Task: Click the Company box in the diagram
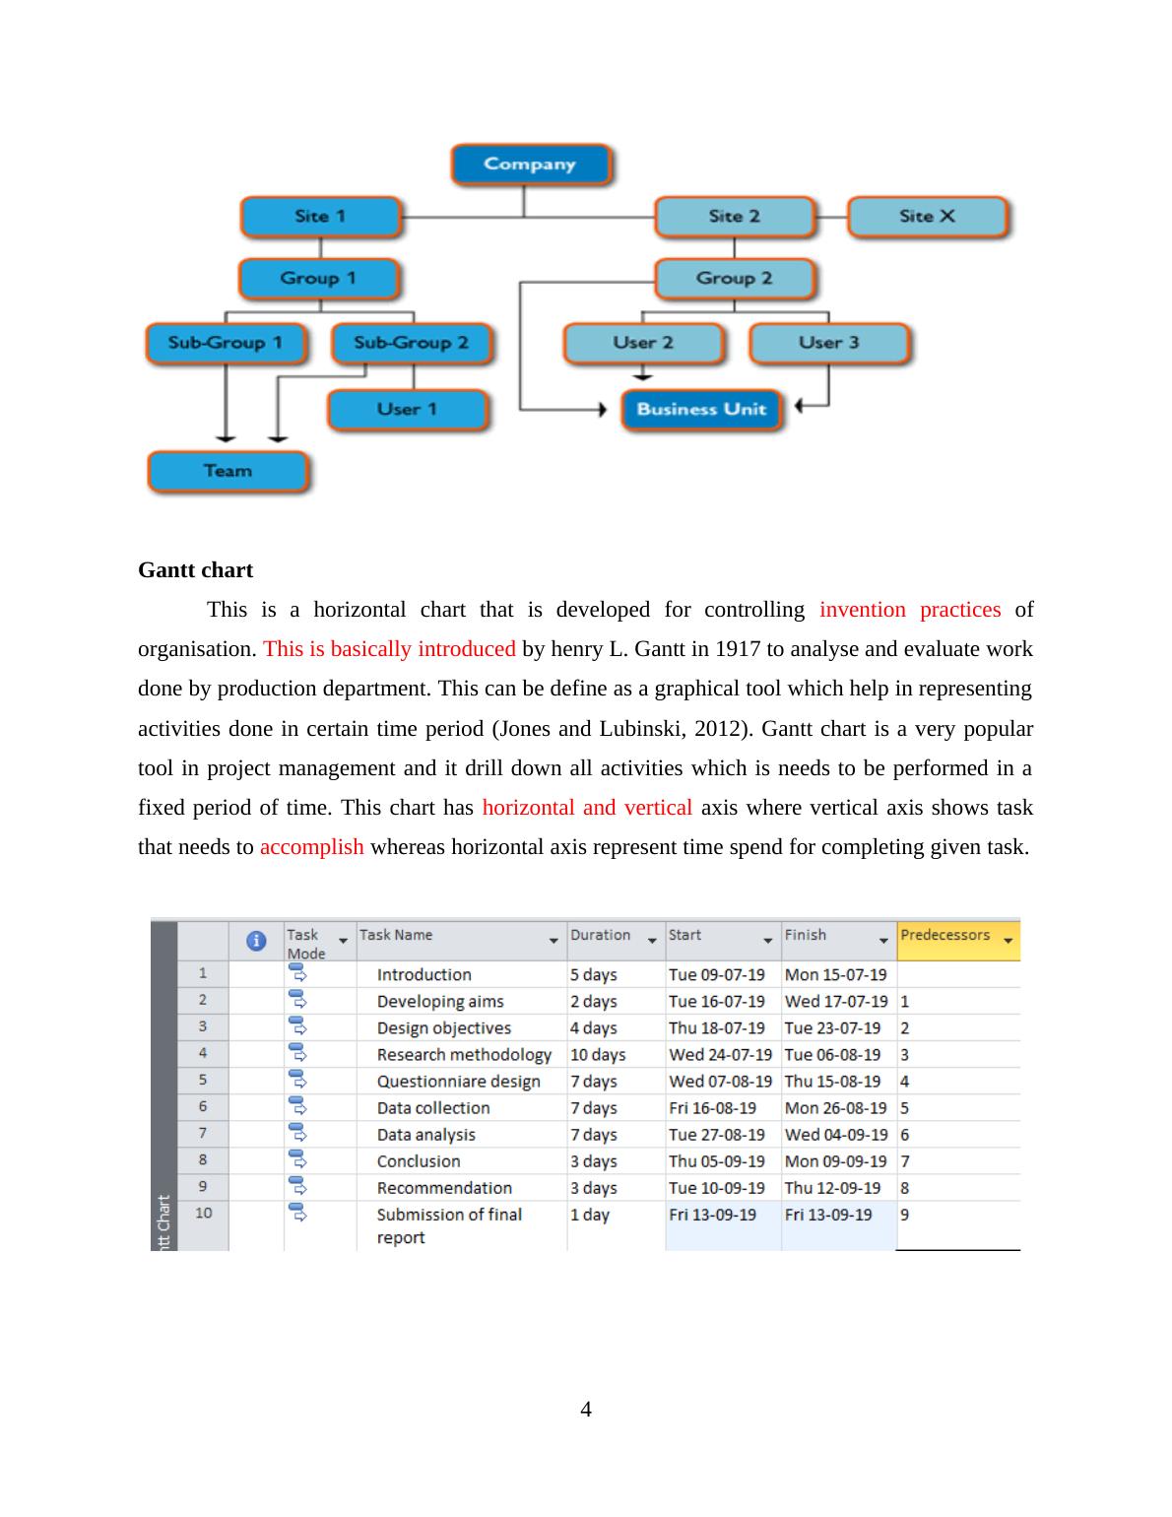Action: point(530,165)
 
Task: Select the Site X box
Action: point(927,217)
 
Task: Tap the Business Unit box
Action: point(700,410)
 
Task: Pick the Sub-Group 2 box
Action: point(411,344)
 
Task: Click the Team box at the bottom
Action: point(228,471)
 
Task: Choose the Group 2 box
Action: point(734,279)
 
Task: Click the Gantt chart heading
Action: point(195,570)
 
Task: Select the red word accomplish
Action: point(311,847)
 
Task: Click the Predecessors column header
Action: point(945,936)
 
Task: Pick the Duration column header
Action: point(600,936)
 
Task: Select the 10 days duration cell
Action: point(598,1055)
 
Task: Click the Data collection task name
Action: point(433,1108)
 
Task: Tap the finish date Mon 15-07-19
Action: point(835,975)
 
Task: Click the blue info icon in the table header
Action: point(256,941)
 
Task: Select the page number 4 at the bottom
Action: point(586,1410)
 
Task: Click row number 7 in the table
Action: point(203,1134)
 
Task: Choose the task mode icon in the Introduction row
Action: point(297,973)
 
